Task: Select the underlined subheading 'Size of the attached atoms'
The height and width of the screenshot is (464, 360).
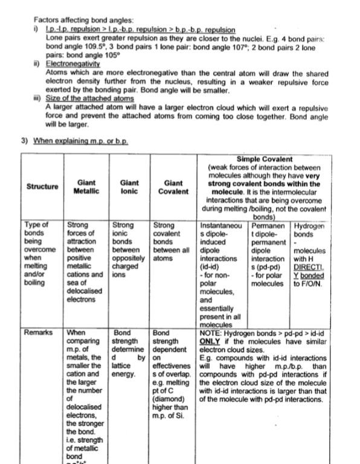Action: [x=90, y=98]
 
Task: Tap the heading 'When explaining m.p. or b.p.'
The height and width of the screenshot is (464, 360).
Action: [x=80, y=140]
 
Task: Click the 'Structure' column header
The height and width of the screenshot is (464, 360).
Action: [x=42, y=187]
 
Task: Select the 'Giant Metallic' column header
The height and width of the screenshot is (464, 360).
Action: [x=86, y=187]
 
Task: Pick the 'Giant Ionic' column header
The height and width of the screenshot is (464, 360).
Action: [x=129, y=187]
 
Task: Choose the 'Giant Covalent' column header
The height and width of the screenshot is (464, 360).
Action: [x=173, y=187]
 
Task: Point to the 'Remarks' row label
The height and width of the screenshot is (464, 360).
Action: [x=37, y=332]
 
